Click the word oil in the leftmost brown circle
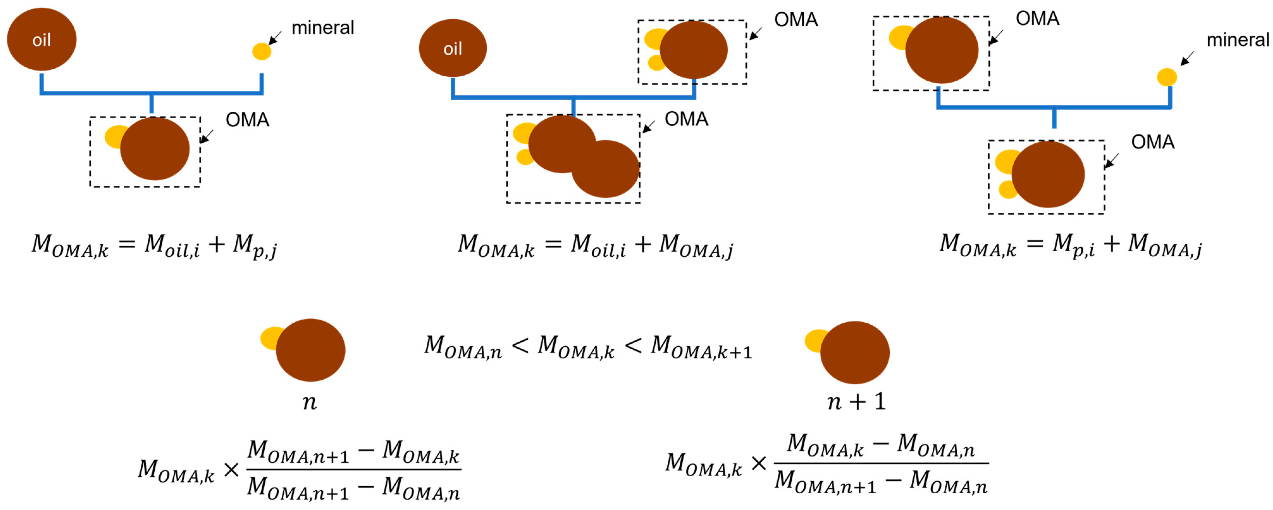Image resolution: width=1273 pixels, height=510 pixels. [x=41, y=40]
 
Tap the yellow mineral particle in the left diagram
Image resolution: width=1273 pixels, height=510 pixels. [x=262, y=51]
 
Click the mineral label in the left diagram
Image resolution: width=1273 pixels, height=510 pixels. [x=323, y=28]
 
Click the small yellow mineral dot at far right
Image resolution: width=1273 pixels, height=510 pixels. [x=1167, y=77]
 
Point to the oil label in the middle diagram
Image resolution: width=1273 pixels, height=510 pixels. [x=452, y=49]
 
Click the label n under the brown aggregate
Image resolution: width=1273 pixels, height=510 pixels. [x=309, y=402]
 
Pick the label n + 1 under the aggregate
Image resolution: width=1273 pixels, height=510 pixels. [x=856, y=401]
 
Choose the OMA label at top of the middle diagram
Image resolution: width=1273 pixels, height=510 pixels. [x=796, y=20]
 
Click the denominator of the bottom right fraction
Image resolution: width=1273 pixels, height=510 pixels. [x=881, y=482]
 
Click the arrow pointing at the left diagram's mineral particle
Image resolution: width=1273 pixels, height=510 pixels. [x=275, y=38]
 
